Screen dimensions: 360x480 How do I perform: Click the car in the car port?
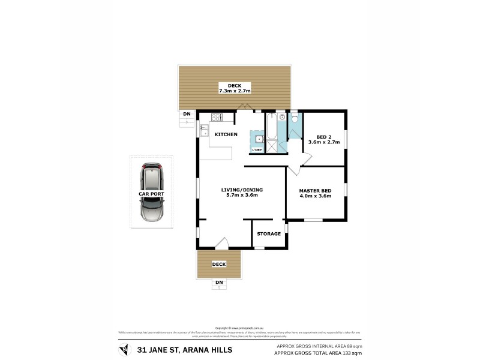[151, 193]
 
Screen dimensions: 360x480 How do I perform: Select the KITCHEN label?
[226, 134]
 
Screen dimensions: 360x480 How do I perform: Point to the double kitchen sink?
[204, 128]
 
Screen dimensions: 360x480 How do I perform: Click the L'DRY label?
[257, 149]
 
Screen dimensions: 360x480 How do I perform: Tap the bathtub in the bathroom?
[271, 127]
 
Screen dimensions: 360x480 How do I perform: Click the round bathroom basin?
[281, 118]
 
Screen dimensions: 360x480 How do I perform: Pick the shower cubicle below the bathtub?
[271, 147]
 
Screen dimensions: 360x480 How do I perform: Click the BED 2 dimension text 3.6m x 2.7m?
[323, 143]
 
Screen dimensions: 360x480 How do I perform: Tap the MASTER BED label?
[315, 190]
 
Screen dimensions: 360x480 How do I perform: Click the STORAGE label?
[269, 233]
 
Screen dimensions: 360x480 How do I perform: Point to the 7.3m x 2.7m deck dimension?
[234, 91]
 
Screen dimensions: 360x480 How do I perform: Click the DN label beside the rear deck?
[187, 114]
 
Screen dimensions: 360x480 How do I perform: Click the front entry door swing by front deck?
[221, 243]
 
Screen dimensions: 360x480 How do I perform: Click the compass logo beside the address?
[124, 349]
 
